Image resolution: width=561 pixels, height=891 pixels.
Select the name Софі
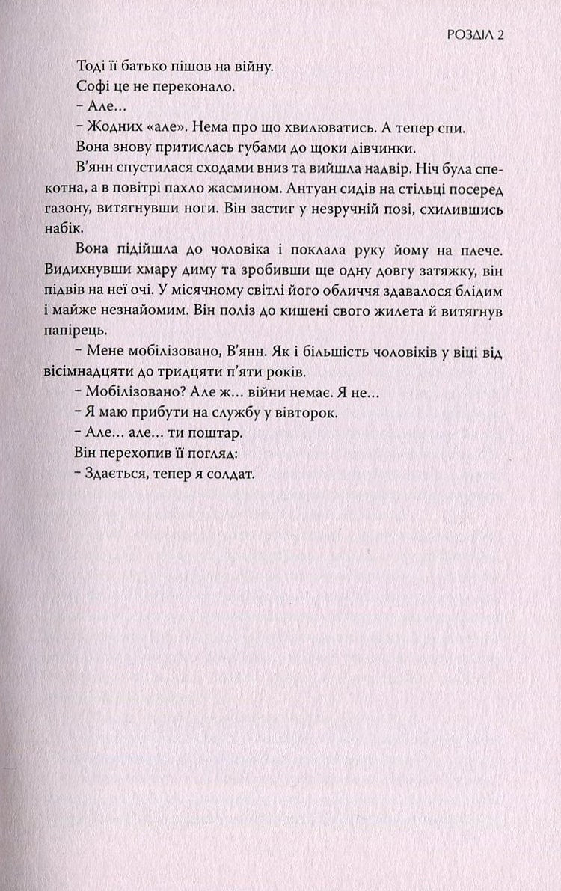(92, 88)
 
